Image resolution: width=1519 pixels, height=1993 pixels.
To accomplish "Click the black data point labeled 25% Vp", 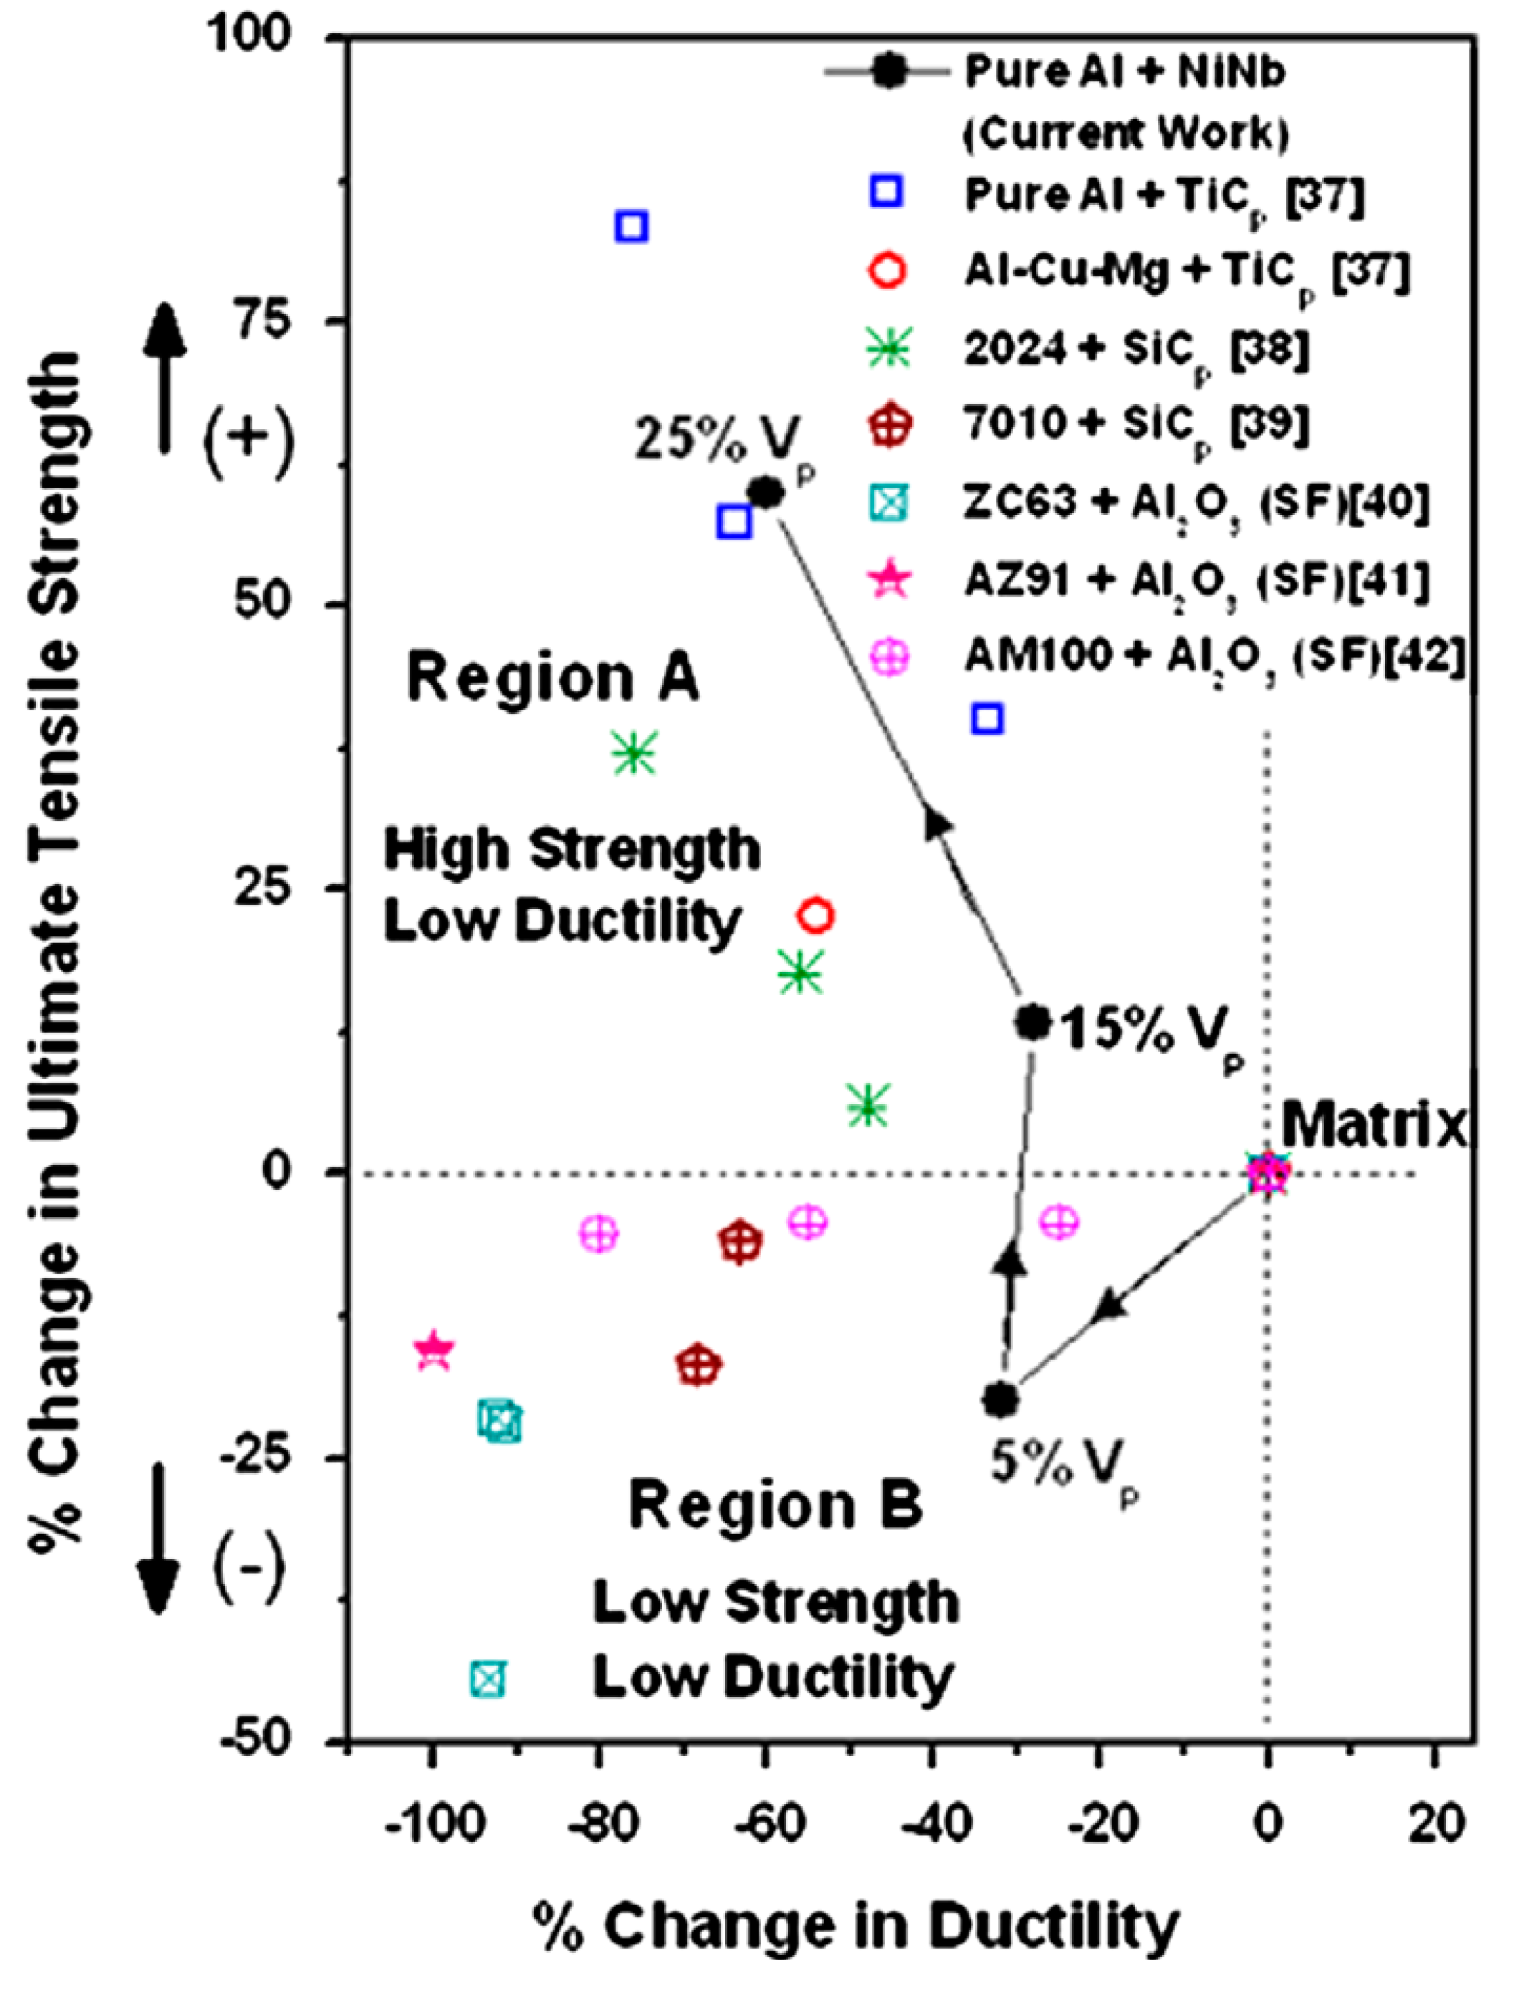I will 766,493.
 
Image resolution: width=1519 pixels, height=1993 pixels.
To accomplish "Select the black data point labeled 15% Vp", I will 1033,1022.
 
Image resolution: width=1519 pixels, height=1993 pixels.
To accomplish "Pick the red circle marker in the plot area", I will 817,916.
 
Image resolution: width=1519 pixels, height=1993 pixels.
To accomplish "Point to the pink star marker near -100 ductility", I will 434,1350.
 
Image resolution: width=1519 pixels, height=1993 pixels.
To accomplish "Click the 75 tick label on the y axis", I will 266,322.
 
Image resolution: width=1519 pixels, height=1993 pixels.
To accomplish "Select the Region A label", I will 553,680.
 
